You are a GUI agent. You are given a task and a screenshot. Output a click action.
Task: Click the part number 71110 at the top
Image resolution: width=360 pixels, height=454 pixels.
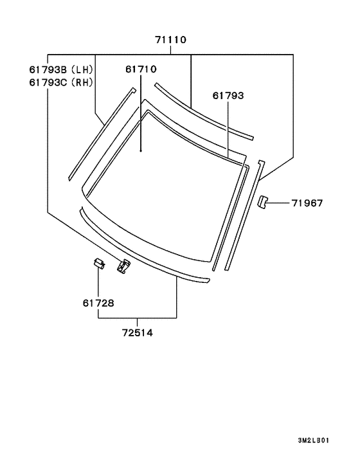170,40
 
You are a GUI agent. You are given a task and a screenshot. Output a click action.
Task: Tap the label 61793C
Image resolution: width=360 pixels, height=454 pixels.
48,82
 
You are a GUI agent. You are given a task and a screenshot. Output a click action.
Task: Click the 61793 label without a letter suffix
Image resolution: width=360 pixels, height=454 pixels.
228,96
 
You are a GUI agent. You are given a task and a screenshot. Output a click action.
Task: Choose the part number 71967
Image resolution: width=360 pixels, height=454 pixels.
307,203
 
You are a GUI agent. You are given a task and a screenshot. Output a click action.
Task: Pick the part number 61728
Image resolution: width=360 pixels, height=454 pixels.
98,302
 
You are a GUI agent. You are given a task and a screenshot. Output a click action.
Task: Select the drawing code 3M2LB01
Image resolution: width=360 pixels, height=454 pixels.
315,440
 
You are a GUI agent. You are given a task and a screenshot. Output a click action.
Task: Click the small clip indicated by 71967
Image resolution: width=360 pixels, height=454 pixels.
262,203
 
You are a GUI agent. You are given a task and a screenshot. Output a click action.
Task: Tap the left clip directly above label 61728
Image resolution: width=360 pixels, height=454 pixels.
98,262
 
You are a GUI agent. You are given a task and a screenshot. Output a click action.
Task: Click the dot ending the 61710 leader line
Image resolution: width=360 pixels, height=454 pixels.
141,150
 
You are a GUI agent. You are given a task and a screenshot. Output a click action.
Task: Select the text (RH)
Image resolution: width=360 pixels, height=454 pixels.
81,82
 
